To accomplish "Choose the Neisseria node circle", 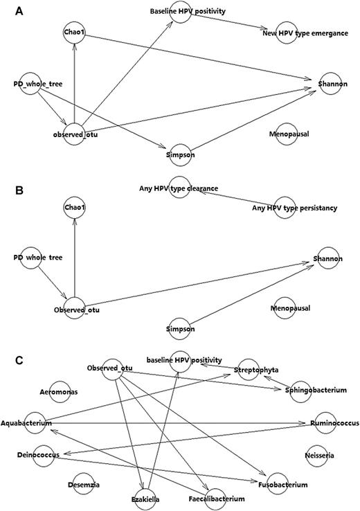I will tap(318, 454).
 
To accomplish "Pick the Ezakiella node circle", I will tap(145, 499).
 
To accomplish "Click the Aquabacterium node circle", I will tap(32, 422).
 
